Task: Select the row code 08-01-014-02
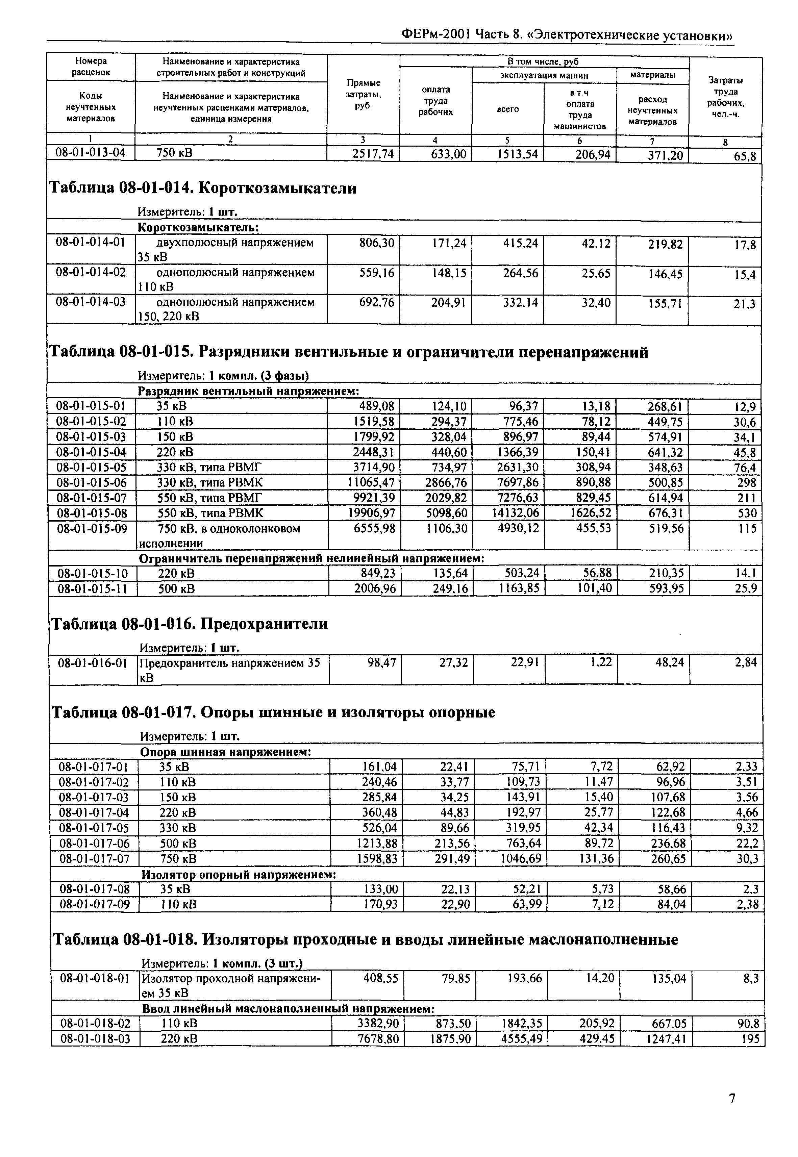tap(91, 273)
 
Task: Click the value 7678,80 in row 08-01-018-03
tap(378, 1039)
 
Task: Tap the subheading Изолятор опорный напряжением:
tap(239, 875)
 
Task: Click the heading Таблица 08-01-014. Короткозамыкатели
tap(202, 188)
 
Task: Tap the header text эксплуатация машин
tap(544, 75)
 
